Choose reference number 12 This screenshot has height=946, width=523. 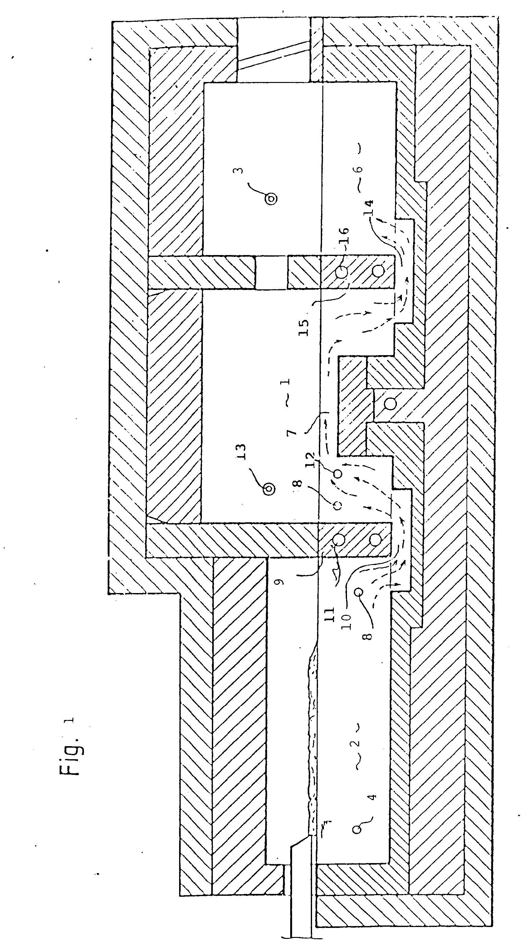tap(319, 459)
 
